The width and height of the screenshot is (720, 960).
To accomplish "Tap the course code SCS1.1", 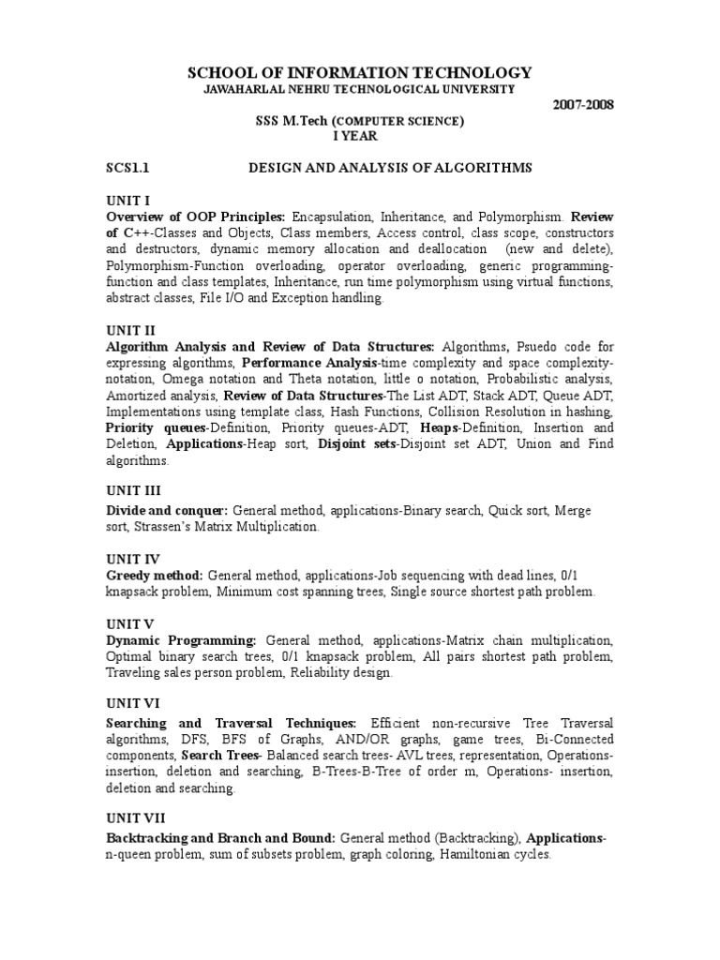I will [x=127, y=168].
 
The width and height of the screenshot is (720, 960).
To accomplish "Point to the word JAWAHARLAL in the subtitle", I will [x=244, y=88].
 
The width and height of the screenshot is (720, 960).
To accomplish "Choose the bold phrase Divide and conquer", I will [x=166, y=511].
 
